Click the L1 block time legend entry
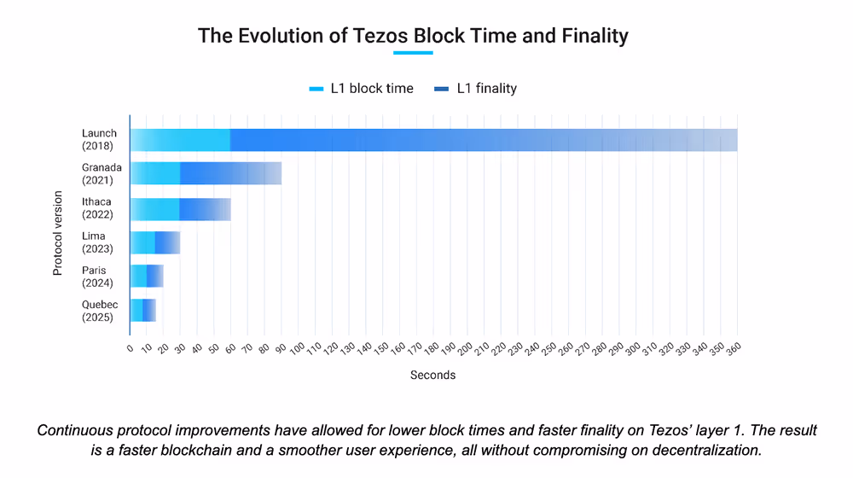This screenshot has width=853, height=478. [362, 88]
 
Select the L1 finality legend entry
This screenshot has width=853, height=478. [476, 88]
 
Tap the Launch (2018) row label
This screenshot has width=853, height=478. [100, 139]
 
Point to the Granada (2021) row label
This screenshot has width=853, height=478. [102, 173]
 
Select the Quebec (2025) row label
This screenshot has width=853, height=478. [100, 311]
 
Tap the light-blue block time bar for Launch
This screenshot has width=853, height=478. [180, 139]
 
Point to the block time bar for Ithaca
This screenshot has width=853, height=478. [154, 208]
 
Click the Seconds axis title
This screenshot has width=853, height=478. [432, 375]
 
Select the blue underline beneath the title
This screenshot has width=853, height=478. [413, 53]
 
